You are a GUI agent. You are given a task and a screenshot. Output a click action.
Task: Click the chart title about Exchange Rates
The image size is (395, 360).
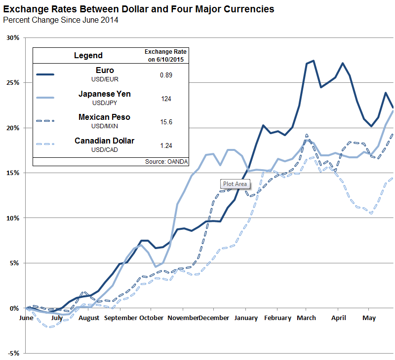139,9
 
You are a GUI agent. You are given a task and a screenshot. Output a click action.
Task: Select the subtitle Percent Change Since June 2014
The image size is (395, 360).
61,20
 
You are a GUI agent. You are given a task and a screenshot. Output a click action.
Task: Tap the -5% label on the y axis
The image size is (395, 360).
13,353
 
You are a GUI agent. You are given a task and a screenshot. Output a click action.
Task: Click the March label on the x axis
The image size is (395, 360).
306,318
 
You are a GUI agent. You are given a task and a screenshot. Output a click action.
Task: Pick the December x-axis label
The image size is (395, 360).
214,318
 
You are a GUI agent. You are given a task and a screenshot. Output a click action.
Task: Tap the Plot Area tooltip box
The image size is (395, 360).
236,184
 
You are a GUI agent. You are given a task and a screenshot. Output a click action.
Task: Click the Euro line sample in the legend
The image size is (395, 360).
45,74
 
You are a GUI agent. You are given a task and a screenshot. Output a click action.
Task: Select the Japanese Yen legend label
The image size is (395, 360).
105,94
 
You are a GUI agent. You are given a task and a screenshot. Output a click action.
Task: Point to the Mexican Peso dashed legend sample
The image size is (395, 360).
45,121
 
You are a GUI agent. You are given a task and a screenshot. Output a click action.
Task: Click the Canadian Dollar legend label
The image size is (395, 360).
105,141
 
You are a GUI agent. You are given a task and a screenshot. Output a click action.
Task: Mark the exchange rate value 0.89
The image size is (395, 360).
166,74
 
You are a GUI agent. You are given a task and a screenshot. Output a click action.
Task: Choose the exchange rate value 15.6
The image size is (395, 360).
166,121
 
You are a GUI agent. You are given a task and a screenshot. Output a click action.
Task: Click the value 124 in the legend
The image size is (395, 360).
166,99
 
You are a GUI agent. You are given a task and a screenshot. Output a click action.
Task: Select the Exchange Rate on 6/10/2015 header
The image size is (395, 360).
166,55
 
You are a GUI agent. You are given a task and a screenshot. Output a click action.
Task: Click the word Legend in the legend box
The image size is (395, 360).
88,55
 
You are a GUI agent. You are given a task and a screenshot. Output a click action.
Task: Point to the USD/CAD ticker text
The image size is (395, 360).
105,149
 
